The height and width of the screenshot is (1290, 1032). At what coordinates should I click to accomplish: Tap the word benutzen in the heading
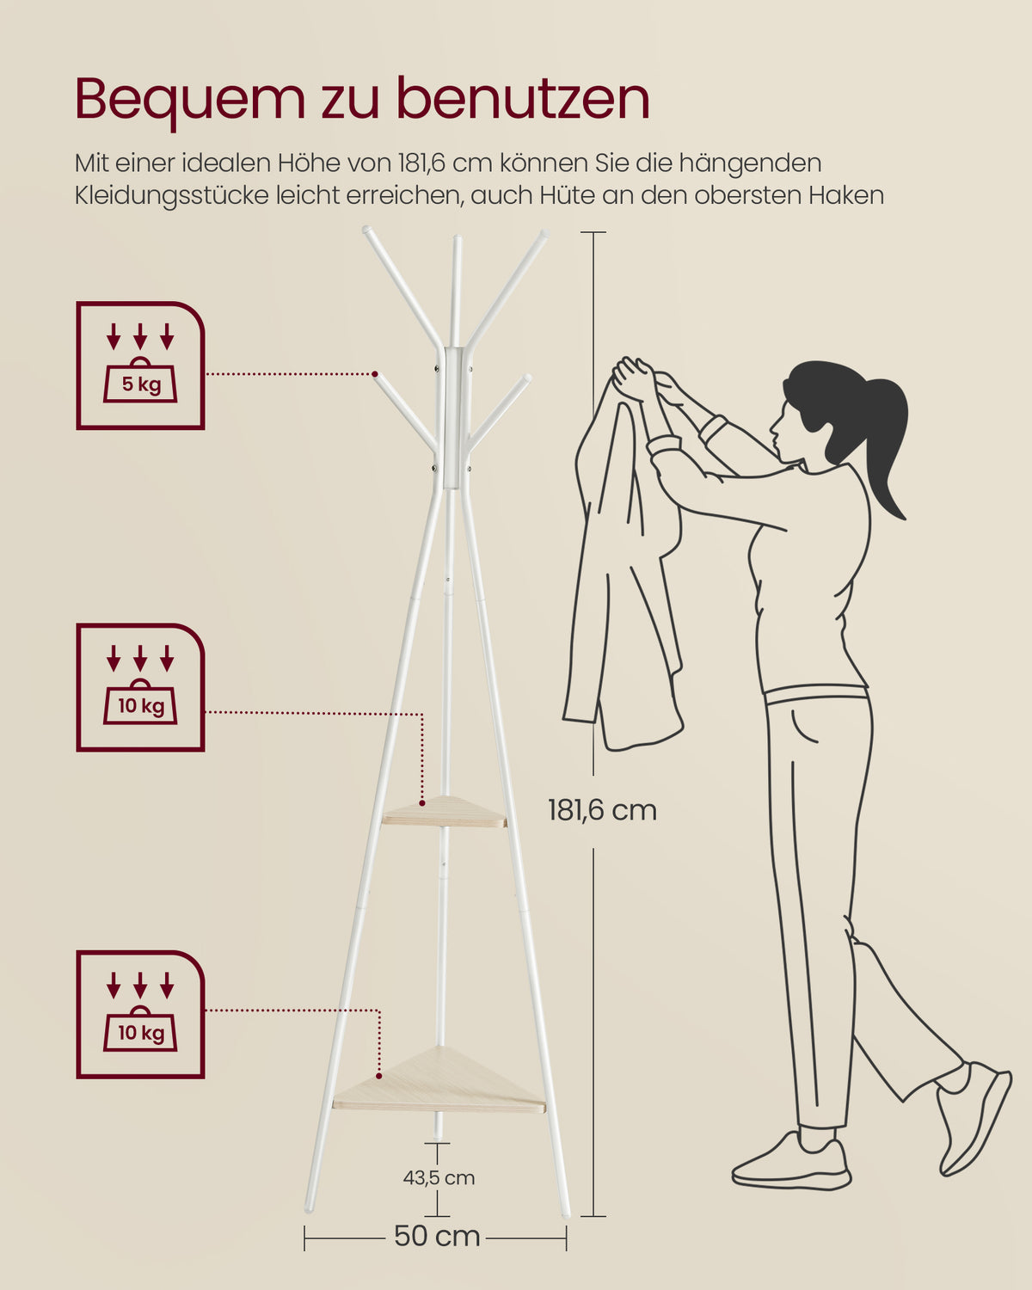click(x=524, y=98)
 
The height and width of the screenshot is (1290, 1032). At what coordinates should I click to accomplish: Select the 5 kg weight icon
click(x=140, y=365)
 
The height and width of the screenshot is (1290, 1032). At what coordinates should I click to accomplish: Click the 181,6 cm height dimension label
click(x=602, y=810)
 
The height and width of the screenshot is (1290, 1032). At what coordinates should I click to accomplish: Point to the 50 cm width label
click(x=437, y=1236)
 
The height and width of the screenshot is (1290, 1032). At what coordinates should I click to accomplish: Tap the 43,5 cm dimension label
click(x=439, y=1178)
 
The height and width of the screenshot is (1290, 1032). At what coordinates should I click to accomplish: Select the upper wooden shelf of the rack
click(x=445, y=812)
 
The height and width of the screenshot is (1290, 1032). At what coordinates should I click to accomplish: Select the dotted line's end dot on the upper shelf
click(x=422, y=802)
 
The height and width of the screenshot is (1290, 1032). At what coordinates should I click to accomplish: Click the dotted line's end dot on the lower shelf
click(x=379, y=1076)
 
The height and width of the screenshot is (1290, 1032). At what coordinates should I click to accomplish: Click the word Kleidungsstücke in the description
click(x=171, y=196)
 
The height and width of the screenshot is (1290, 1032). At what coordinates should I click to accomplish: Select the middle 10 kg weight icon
click(x=140, y=687)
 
